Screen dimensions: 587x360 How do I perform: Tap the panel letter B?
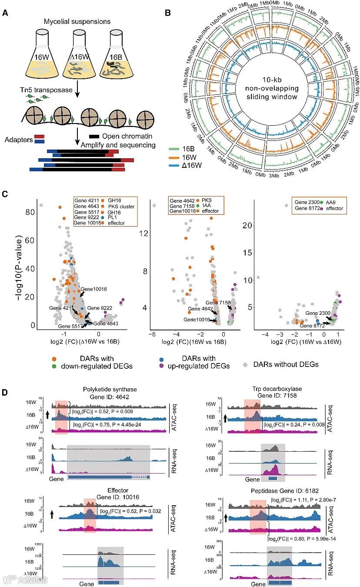[x=168, y=13]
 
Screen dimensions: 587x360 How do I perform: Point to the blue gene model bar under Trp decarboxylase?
[x=273, y=478]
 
